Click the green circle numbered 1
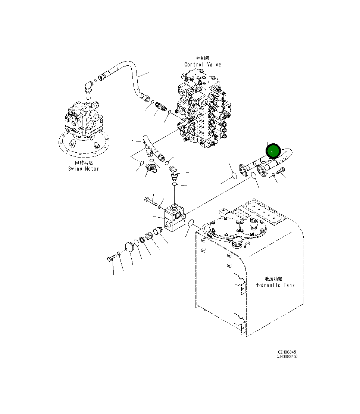tap(273, 152)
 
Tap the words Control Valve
tap(203, 65)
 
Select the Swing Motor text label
tap(84, 169)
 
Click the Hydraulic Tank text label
tap(275, 285)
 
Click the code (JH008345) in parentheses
tap(287, 357)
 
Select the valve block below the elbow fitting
tap(174, 218)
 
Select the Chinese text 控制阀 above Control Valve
tap(203, 58)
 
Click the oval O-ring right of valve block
tap(191, 223)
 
